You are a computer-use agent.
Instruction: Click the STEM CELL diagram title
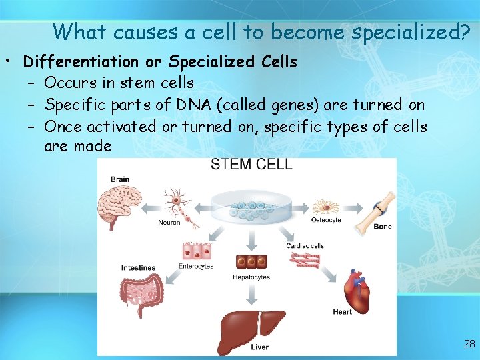(251, 165)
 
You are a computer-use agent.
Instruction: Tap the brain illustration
(119, 205)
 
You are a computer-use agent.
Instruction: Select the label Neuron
(169, 223)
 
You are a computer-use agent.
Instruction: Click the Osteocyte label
(326, 220)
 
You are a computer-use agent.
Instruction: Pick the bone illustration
(375, 210)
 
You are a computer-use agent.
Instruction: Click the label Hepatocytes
(251, 277)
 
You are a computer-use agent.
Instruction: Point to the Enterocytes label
(196, 266)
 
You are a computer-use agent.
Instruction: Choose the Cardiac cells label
(305, 246)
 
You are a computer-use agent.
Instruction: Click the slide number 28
(469, 344)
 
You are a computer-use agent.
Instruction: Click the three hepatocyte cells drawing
(251, 262)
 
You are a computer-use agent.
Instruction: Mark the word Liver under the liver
(259, 347)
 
